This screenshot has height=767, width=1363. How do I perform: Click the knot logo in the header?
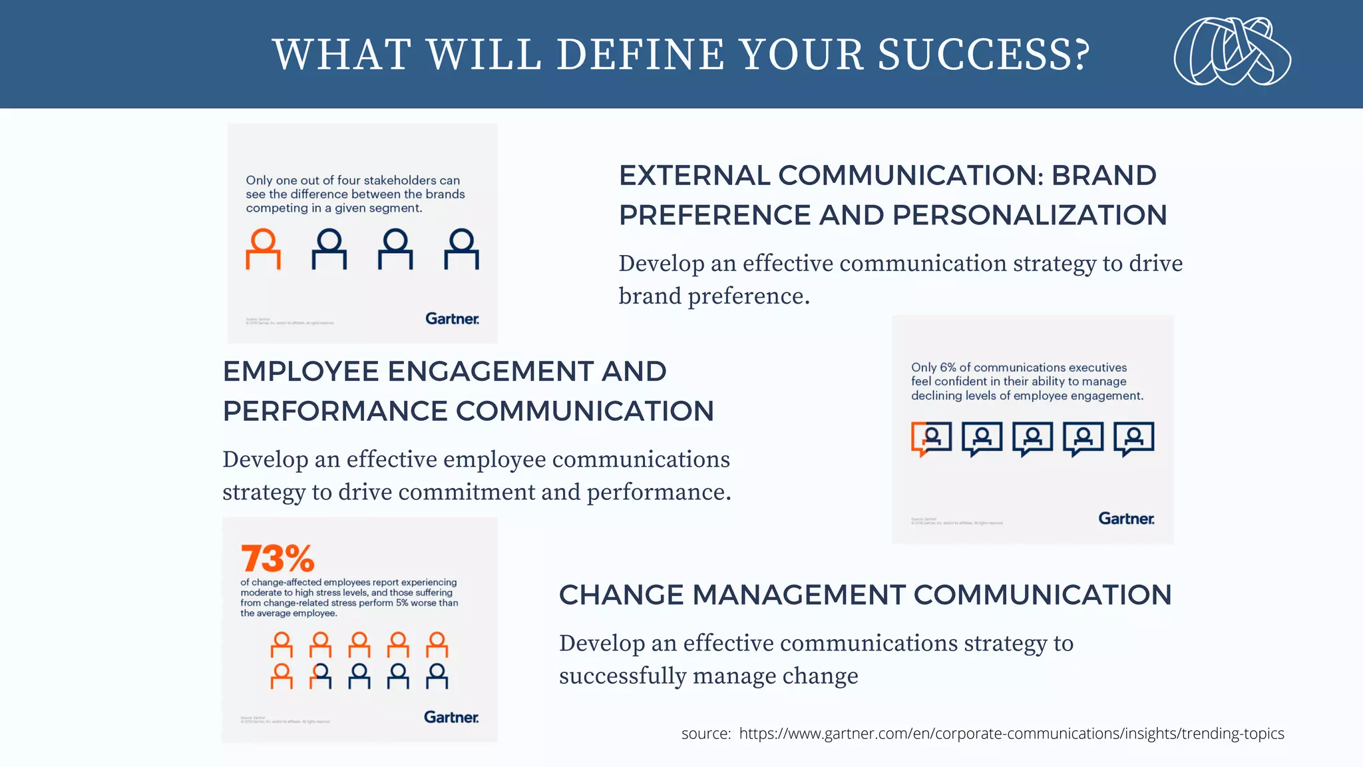pos(1232,52)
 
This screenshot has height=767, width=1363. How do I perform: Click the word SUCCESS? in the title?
pos(984,55)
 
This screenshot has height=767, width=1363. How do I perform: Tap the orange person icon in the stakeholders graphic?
pos(263,249)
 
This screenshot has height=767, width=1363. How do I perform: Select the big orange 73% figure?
pos(278,558)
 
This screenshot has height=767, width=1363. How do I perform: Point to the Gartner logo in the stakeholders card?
pos(452,319)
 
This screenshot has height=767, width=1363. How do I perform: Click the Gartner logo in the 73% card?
pos(451,717)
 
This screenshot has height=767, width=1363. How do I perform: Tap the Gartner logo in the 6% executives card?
pos(1126,519)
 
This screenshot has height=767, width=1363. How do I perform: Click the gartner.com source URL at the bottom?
pos(1012,734)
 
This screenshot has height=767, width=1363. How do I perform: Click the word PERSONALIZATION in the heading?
pos(1030,216)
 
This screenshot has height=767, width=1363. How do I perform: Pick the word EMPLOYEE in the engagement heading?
pos(301,372)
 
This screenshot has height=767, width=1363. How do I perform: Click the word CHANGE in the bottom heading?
pos(621,595)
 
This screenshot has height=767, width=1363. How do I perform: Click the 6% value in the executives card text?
pos(948,368)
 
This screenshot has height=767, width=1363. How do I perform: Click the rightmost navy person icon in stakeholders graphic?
pos(461,249)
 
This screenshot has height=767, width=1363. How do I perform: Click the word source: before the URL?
pos(706,734)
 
